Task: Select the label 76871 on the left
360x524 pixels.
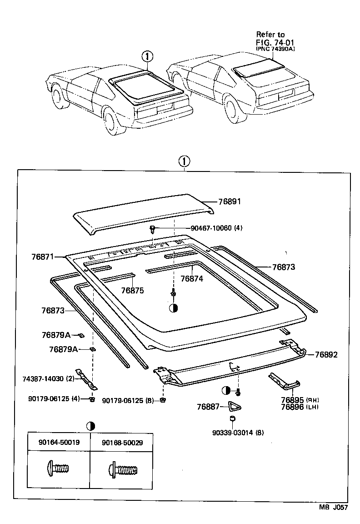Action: coord(42,257)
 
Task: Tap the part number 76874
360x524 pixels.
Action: coord(191,278)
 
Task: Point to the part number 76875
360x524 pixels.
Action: coord(132,290)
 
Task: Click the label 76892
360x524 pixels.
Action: coord(326,355)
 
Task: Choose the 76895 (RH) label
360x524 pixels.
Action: coord(299,399)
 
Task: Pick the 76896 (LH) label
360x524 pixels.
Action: coord(299,407)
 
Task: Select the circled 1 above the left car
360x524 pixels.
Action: coord(148,57)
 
